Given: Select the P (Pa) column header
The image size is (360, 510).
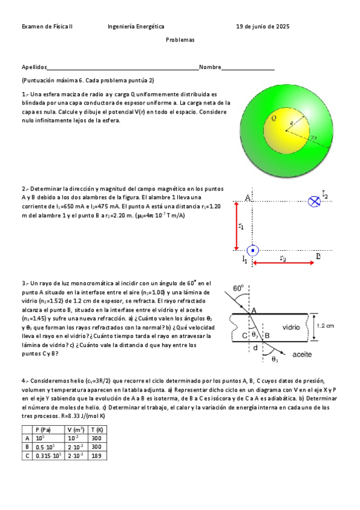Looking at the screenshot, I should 43,429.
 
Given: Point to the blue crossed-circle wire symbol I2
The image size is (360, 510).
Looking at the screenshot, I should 313,201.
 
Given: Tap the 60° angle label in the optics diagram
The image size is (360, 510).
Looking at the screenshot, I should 239,289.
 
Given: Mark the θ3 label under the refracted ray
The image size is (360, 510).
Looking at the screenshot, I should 275,359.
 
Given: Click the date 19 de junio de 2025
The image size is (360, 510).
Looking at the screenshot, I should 263,26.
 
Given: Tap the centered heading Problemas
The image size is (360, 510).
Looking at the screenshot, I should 180,39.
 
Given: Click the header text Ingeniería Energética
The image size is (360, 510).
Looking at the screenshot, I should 136,26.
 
